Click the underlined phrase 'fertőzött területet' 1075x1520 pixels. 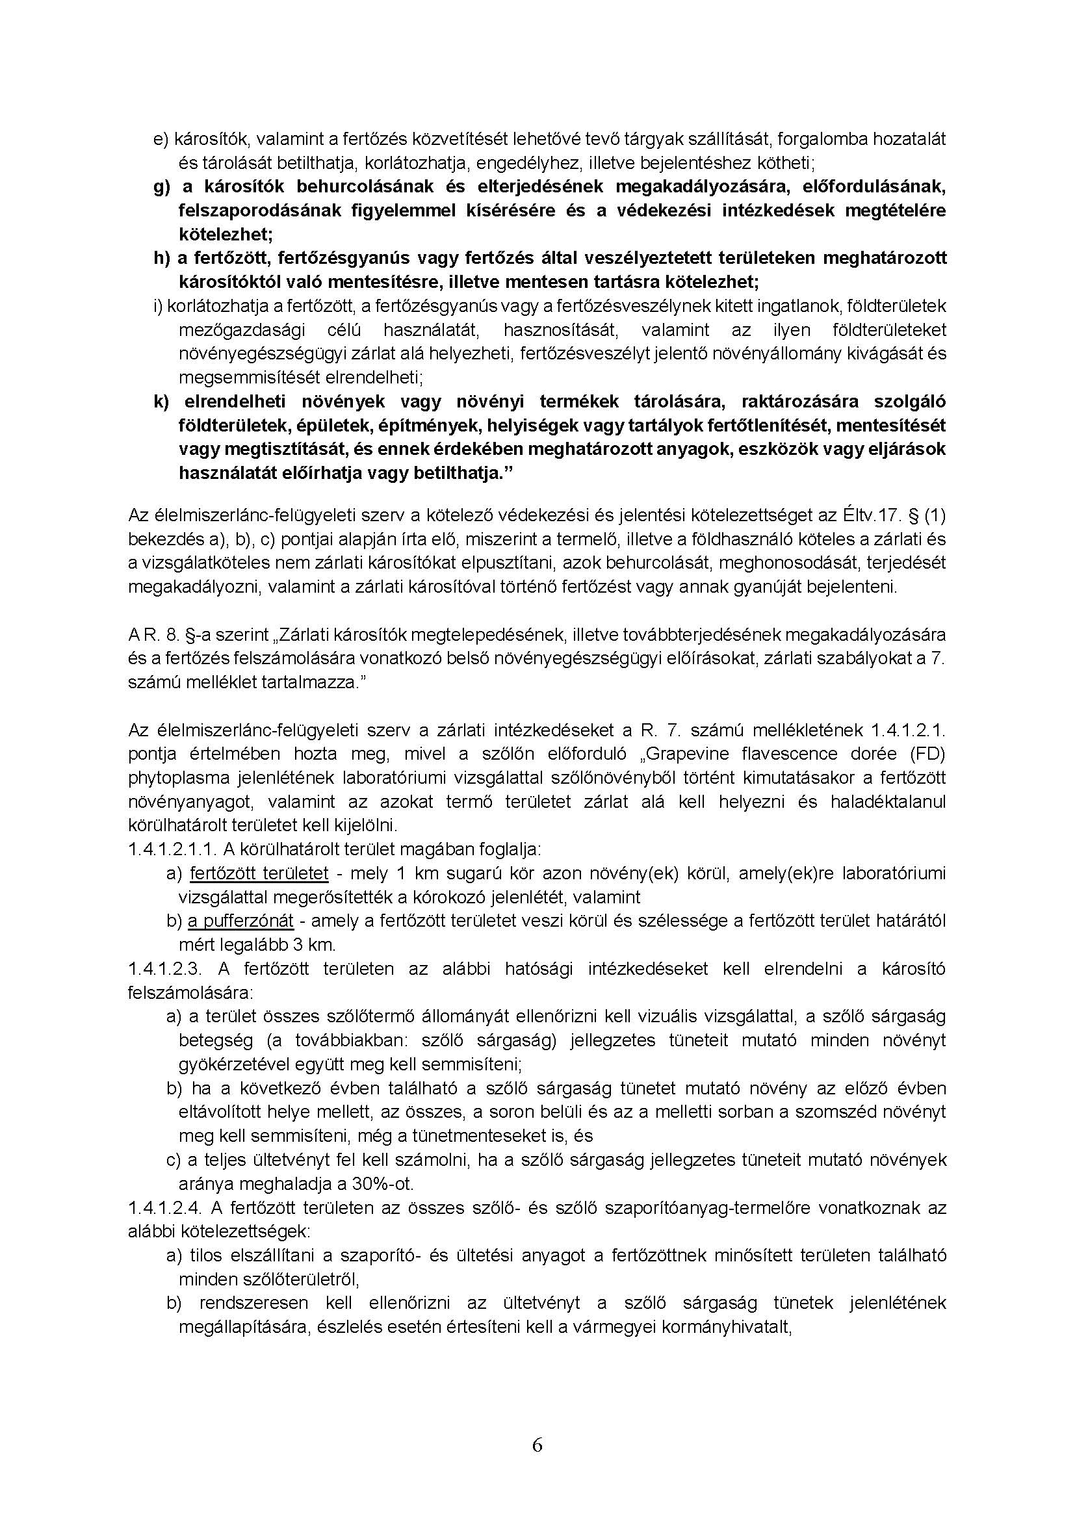(259, 873)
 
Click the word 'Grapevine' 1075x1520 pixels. (691, 754)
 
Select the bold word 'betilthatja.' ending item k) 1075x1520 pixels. (468, 473)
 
